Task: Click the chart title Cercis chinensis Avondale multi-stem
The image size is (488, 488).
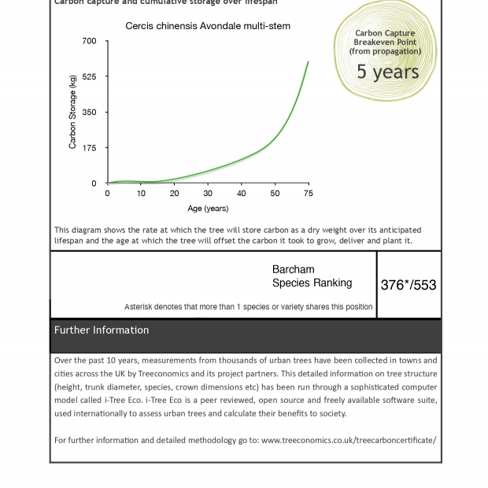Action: tap(208, 26)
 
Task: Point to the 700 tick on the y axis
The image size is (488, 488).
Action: tap(89, 41)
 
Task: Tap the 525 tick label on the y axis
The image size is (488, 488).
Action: tap(89, 77)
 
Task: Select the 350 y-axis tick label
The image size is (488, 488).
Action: tap(89, 113)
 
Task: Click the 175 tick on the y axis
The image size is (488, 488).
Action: tap(89, 148)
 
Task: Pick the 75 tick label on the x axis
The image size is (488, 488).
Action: tap(309, 194)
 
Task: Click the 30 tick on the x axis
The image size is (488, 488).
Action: tap(208, 194)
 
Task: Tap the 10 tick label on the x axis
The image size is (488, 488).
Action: tap(141, 194)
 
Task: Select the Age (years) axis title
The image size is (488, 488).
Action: tap(208, 209)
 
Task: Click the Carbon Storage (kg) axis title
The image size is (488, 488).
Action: tap(72, 112)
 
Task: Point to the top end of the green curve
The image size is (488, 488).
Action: tap(308, 61)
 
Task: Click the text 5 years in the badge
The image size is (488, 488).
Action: tap(387, 72)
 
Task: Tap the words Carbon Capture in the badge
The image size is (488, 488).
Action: tap(386, 34)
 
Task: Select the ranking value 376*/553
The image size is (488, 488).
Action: tap(409, 285)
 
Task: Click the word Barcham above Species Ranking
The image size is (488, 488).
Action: tap(293, 269)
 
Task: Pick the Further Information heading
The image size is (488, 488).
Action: tap(102, 331)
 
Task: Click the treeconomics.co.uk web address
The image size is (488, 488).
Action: tap(348, 440)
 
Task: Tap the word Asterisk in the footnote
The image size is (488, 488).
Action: tap(139, 307)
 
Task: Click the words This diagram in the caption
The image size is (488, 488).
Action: tap(76, 230)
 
